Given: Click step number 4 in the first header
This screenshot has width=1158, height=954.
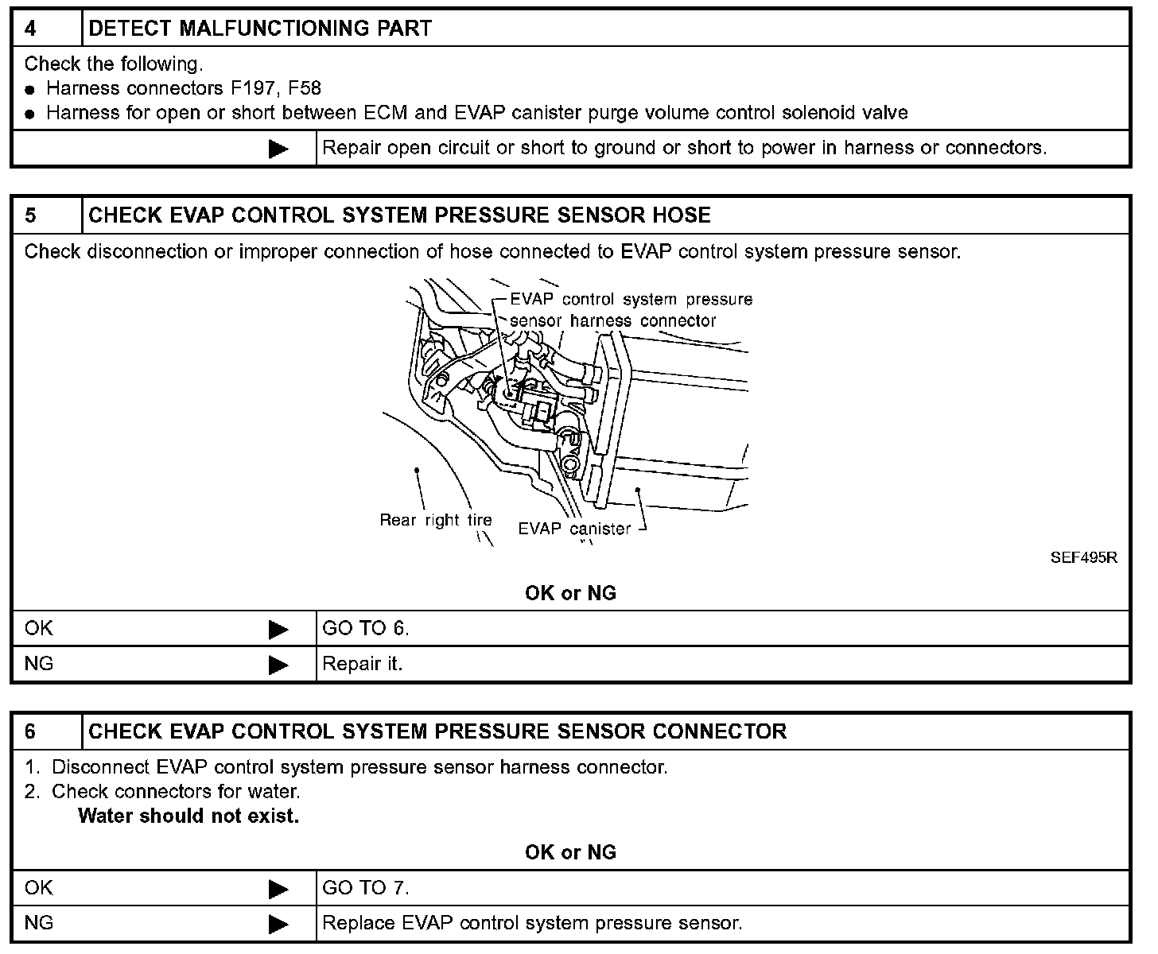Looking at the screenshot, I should [30, 29].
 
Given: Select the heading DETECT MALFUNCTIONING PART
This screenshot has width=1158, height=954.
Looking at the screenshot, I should [259, 29].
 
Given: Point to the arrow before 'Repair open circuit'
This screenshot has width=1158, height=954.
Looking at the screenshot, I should [278, 149].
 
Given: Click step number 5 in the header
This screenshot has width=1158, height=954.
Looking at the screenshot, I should [30, 215].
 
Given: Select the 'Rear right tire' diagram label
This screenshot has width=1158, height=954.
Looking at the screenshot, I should [435, 521].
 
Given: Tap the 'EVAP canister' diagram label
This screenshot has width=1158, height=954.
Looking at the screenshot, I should [574, 529].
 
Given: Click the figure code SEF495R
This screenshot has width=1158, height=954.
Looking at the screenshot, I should [1083, 558].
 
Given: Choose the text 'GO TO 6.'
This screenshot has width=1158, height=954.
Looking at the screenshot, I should [365, 629].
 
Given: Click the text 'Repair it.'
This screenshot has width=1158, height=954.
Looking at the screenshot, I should [363, 664].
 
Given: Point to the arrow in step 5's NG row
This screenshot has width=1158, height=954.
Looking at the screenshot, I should [278, 665].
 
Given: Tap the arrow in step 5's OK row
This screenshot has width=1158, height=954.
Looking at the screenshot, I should [278, 630].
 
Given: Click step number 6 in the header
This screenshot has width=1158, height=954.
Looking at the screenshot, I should [30, 731].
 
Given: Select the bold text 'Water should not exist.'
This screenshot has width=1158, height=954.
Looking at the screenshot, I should [188, 816].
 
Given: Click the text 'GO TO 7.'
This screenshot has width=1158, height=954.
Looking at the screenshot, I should [365, 888].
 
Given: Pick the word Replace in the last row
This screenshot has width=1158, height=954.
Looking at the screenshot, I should [359, 923].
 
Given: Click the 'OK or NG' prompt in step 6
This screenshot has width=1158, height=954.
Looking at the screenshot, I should [570, 852].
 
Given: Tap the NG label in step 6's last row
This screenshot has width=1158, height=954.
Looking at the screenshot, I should [39, 923].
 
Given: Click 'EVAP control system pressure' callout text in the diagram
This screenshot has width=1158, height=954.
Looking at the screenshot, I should [631, 300].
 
